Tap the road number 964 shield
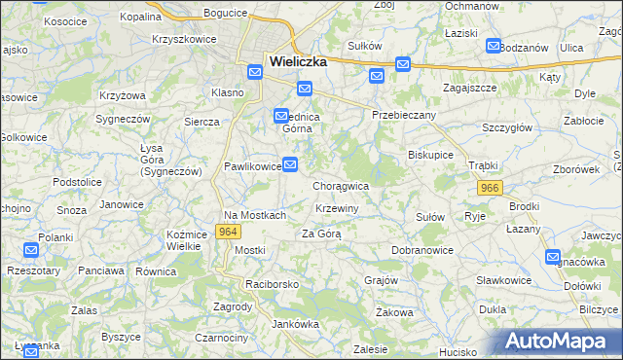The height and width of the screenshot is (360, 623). click(x=228, y=232)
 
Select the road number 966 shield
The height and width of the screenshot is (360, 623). click(x=490, y=188)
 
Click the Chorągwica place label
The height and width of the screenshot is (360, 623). click(x=341, y=185)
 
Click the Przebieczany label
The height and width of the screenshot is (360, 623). click(x=404, y=114)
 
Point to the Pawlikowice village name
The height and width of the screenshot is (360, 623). click(x=253, y=166)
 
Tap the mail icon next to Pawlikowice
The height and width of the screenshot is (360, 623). click(x=290, y=163)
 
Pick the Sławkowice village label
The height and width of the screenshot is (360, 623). click(x=503, y=280)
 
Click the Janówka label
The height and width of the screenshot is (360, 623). click(x=296, y=324)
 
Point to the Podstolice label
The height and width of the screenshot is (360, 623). click(x=78, y=182)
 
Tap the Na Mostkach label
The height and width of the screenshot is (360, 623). click(x=255, y=215)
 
